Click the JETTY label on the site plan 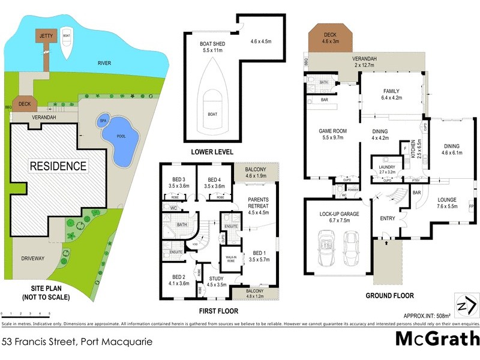click(46, 36)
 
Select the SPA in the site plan click(103, 120)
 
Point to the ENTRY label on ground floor click(388, 218)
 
